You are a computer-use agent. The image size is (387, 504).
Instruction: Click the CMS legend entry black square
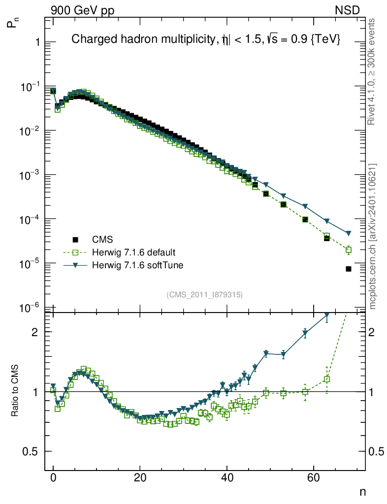[x=75, y=240]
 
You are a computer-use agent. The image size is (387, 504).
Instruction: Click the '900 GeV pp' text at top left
[x=82, y=10]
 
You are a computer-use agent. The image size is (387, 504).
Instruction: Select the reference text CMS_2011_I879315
[x=204, y=294]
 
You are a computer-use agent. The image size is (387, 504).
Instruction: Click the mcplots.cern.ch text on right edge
[x=373, y=236]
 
